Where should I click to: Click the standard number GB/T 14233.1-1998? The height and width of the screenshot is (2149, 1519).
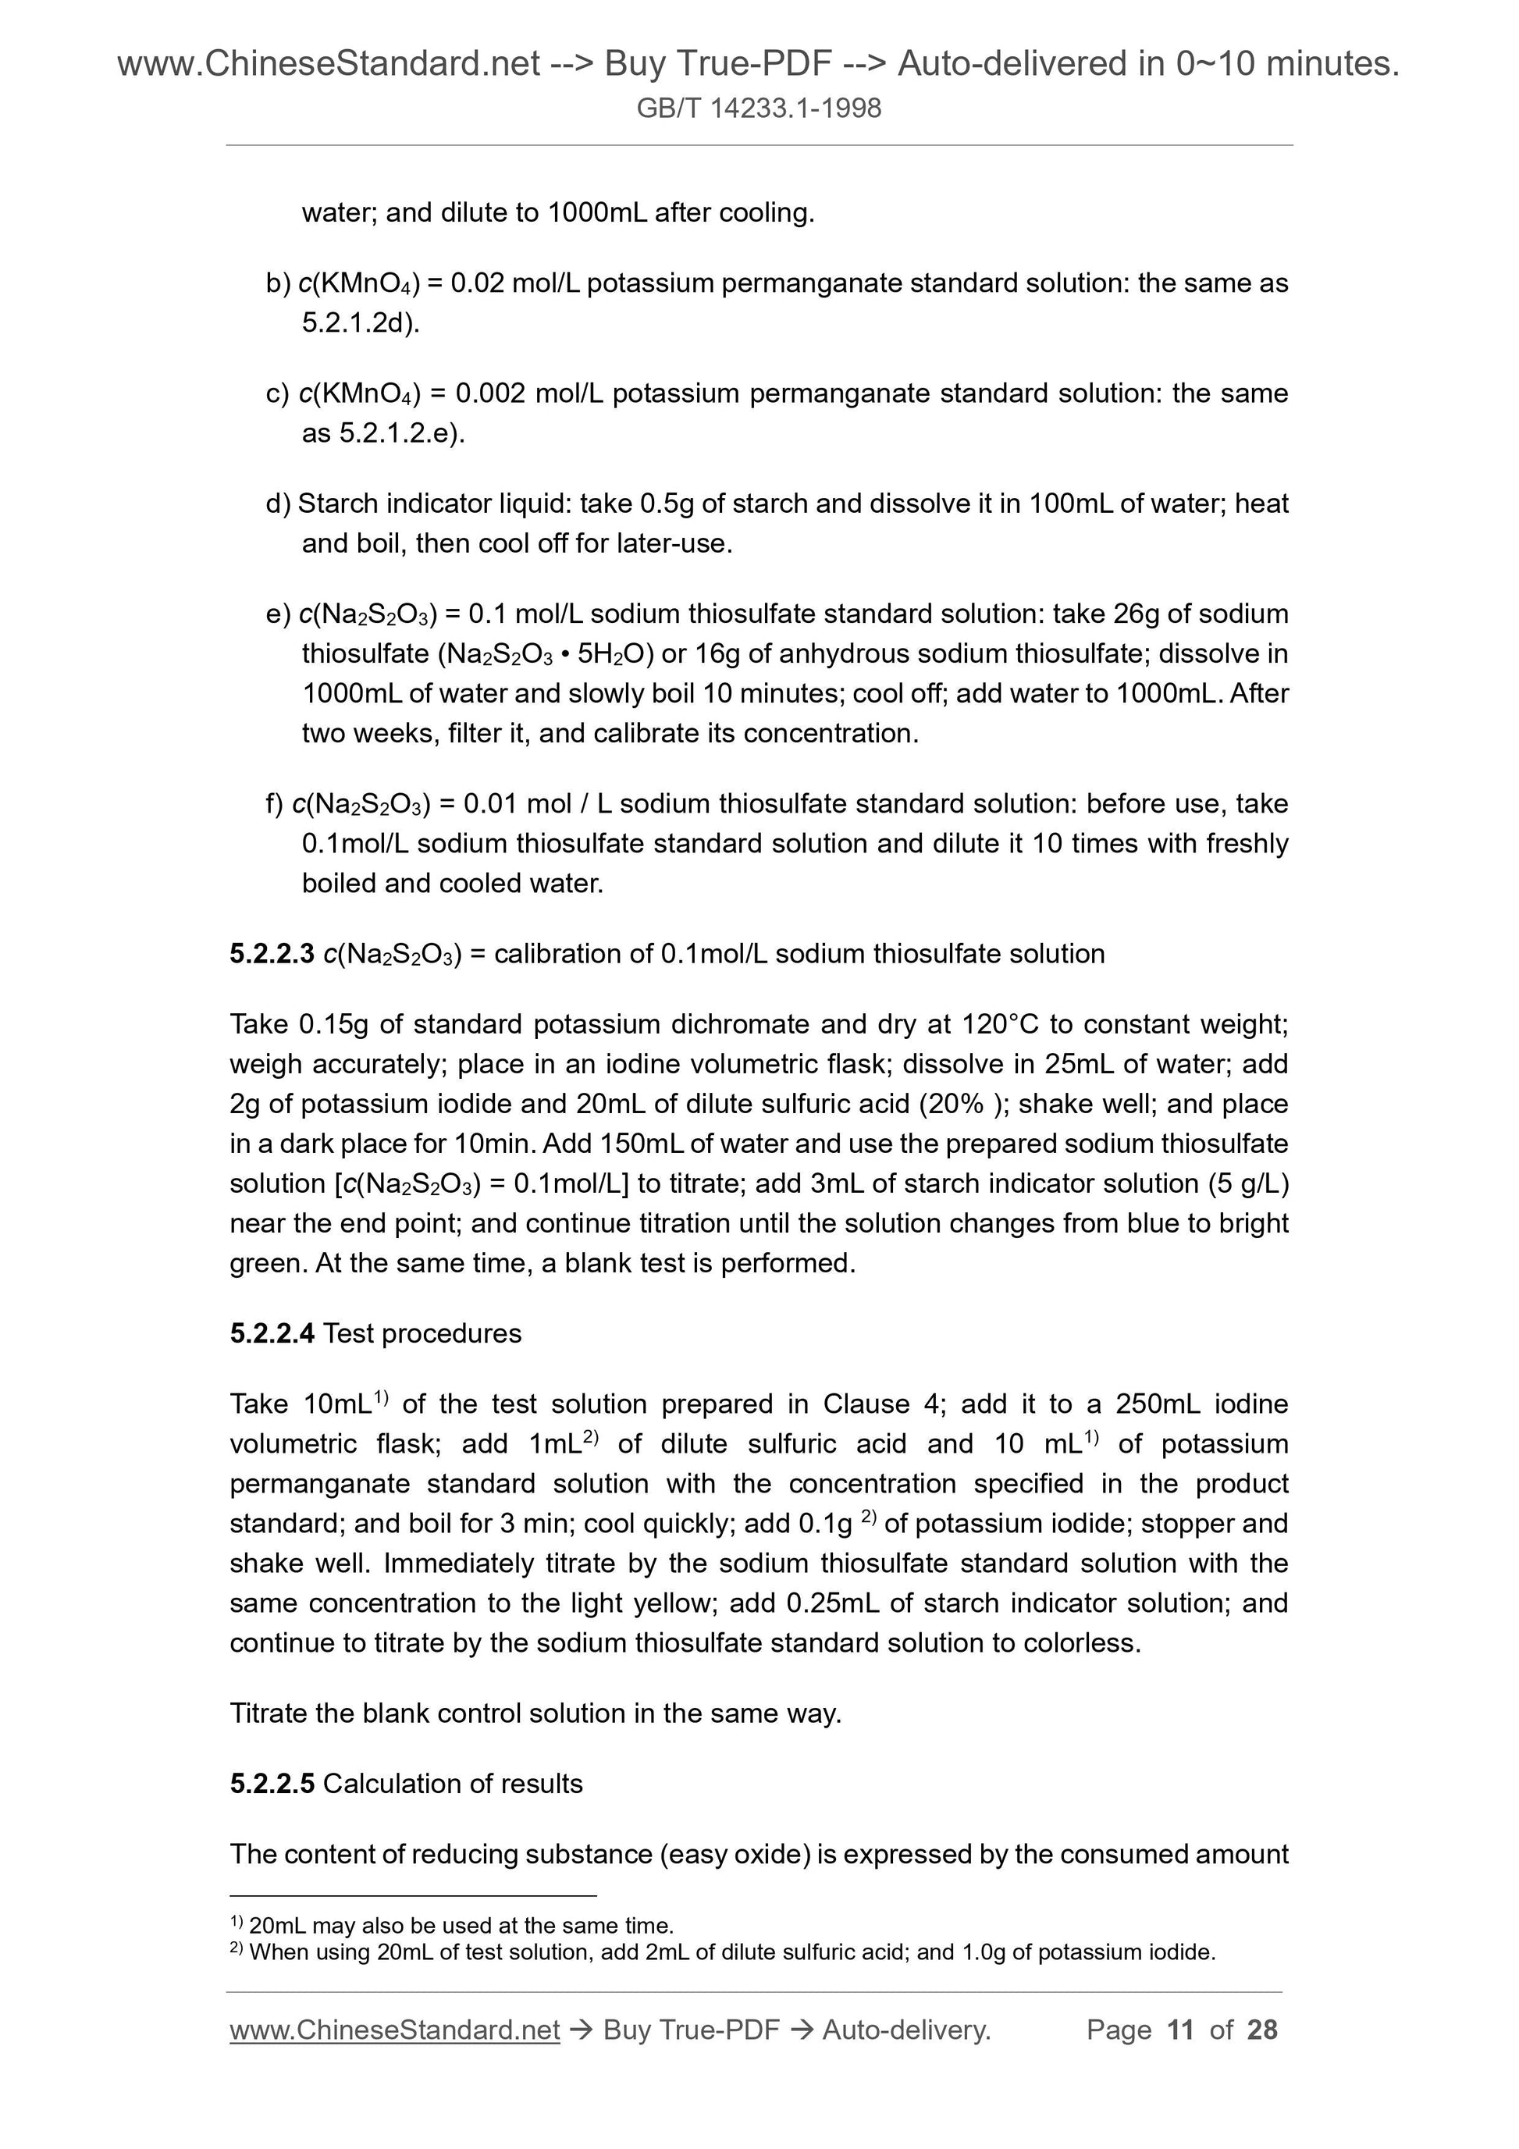(758, 109)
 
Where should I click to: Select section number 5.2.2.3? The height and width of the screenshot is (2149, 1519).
(272, 954)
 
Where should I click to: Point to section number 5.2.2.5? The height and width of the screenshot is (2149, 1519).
(272, 1783)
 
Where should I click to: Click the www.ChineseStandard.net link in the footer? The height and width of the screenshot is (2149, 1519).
(394, 2030)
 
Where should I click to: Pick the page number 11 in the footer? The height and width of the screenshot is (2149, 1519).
(1180, 2030)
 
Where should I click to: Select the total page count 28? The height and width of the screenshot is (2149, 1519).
(1261, 2030)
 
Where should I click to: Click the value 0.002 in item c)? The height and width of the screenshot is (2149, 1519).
(490, 393)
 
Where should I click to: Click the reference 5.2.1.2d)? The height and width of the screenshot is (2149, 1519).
(361, 323)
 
